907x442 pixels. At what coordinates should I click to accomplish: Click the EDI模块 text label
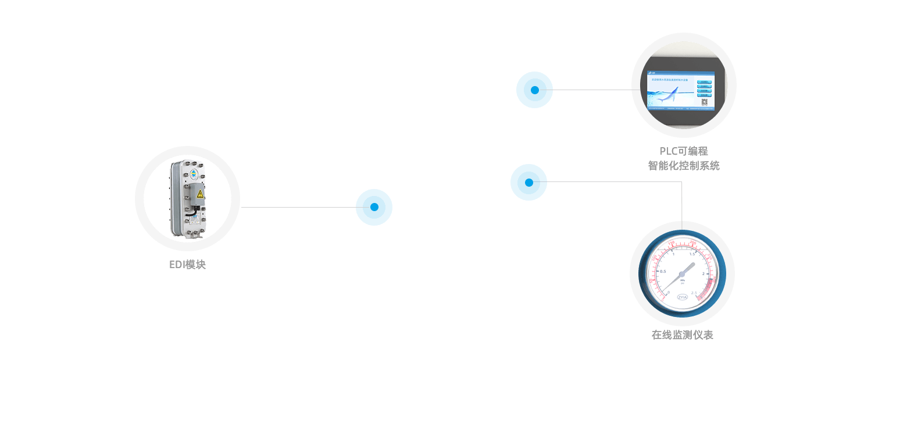point(187,265)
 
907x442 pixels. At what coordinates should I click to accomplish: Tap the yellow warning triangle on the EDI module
point(199,194)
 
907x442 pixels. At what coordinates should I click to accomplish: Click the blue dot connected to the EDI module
point(374,207)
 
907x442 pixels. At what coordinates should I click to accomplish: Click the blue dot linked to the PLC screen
point(534,90)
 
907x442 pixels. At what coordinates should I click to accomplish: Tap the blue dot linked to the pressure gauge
point(529,182)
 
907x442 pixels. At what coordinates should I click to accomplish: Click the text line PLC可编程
point(684,151)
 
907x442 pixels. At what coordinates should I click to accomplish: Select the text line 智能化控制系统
point(684,166)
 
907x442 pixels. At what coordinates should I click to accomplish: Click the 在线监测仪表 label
point(682,335)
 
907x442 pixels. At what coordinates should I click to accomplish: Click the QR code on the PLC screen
point(704,103)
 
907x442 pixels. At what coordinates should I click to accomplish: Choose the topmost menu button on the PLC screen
point(704,82)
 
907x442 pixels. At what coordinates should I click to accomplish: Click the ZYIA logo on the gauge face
point(682,297)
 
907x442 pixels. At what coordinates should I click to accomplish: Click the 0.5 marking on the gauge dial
point(662,272)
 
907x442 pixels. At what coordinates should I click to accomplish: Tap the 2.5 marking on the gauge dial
point(694,293)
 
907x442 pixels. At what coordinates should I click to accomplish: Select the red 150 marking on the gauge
point(672,243)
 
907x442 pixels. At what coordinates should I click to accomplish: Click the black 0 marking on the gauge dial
point(668,292)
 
